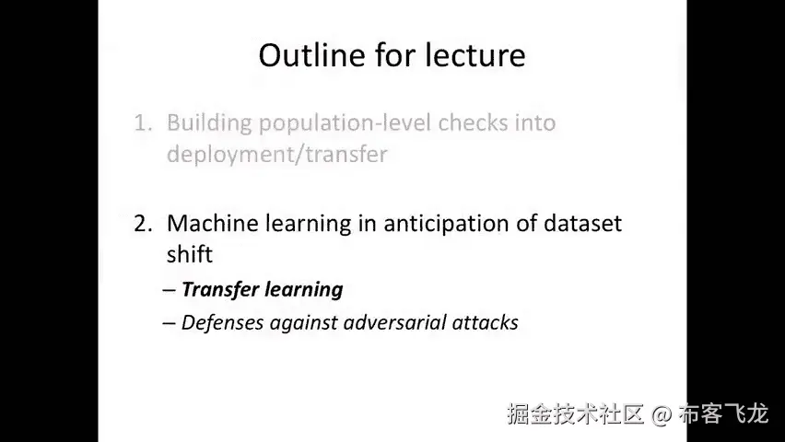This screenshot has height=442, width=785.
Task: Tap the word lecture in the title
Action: click(475, 54)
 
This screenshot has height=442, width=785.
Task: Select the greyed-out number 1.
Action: click(143, 122)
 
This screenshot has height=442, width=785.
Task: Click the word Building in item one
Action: click(209, 123)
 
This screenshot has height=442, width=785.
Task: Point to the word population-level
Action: click(345, 123)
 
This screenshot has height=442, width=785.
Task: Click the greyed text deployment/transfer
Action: click(276, 155)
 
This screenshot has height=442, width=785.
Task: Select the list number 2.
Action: click(143, 223)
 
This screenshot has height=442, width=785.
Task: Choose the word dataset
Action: click(582, 223)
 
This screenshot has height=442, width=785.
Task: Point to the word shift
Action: click(189, 254)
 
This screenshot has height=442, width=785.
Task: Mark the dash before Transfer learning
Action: click(170, 290)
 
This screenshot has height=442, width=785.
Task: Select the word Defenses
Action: click(222, 322)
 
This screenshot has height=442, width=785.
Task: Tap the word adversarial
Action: click(395, 322)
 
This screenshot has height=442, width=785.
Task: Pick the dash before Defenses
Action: click(170, 323)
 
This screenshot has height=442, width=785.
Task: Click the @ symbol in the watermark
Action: click(662, 415)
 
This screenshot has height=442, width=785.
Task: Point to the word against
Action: click(303, 323)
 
